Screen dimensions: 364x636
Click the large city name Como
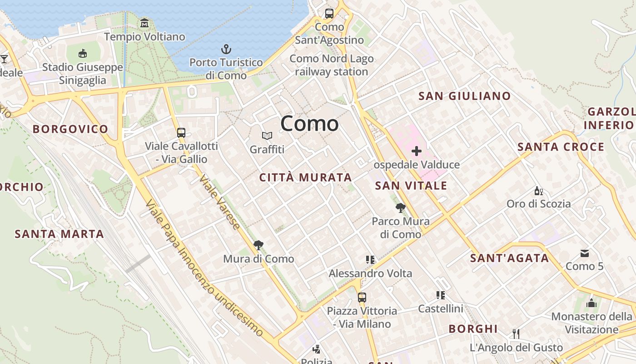pyautogui.click(x=309, y=124)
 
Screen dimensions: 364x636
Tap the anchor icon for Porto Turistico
pyautogui.click(x=226, y=49)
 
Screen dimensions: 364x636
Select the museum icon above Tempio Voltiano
pyautogui.click(x=144, y=23)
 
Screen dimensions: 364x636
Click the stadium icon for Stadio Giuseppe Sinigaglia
pyautogui.click(x=82, y=54)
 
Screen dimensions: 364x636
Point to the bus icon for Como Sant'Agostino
pyautogui.click(x=329, y=14)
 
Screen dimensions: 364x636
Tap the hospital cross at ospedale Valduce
pyautogui.click(x=416, y=151)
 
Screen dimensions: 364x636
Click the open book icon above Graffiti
pyautogui.click(x=267, y=136)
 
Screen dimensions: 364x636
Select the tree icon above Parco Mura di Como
pyautogui.click(x=400, y=208)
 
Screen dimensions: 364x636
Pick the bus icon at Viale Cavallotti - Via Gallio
pyautogui.click(x=181, y=133)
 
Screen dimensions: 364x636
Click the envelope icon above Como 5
pyautogui.click(x=584, y=253)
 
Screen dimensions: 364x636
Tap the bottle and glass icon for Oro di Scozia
pyautogui.click(x=538, y=191)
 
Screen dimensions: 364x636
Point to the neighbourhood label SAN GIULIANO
pyautogui.click(x=464, y=96)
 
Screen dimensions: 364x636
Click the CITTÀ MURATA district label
pyautogui.click(x=305, y=177)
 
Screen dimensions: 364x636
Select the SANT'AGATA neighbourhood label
pyautogui.click(x=509, y=258)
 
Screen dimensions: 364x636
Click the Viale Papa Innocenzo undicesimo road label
pyautogui.click(x=204, y=268)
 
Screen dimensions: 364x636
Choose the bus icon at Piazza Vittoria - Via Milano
pyautogui.click(x=362, y=298)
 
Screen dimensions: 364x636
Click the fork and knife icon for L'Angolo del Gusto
pyautogui.click(x=516, y=334)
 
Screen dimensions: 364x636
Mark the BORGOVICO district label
pyautogui.click(x=70, y=129)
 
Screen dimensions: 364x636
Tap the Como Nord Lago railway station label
pyautogui.click(x=331, y=65)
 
